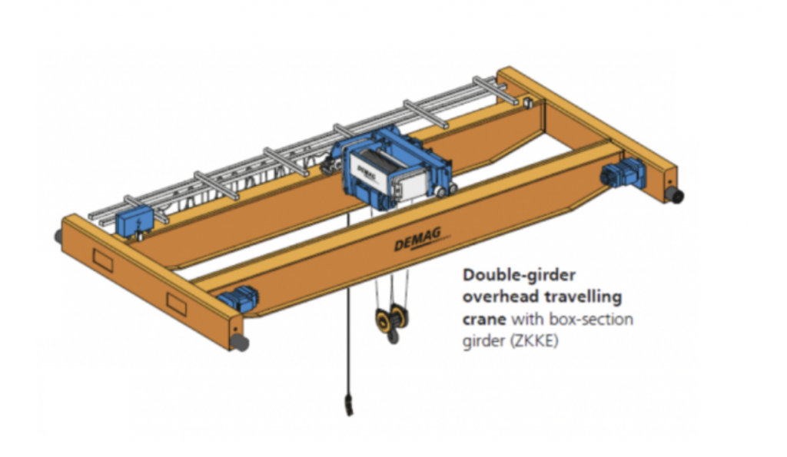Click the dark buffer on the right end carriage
click(676, 197)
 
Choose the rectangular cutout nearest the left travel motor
click(176, 303)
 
